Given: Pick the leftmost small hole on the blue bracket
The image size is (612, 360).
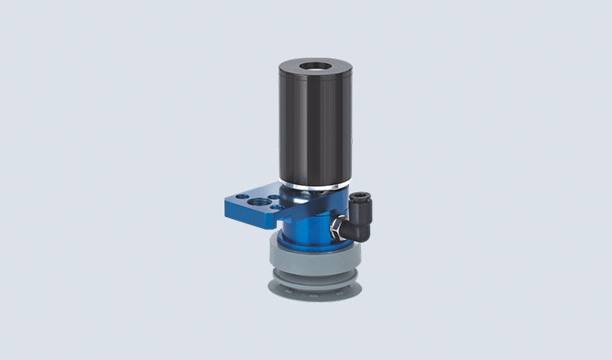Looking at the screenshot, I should click(x=232, y=196).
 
